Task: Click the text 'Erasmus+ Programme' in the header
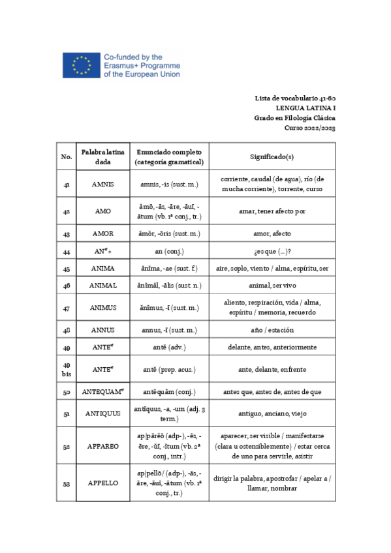pos(141,66)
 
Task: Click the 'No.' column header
pos(66,157)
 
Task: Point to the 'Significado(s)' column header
pos(272,157)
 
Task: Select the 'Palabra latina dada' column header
pos(102,157)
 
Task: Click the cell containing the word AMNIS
pos(102,185)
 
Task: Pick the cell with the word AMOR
pos(102,233)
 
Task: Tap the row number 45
pos(66,268)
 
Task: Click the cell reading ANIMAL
pos(102,285)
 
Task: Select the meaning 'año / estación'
pos(272,329)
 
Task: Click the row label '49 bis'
pos(66,369)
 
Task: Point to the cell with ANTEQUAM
pos(102,393)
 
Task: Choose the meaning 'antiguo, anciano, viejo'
pos(272,413)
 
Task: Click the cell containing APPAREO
pos(102,445)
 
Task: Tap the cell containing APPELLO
pos(102,483)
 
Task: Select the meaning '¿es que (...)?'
pos(272,251)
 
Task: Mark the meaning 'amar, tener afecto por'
pos(272,211)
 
